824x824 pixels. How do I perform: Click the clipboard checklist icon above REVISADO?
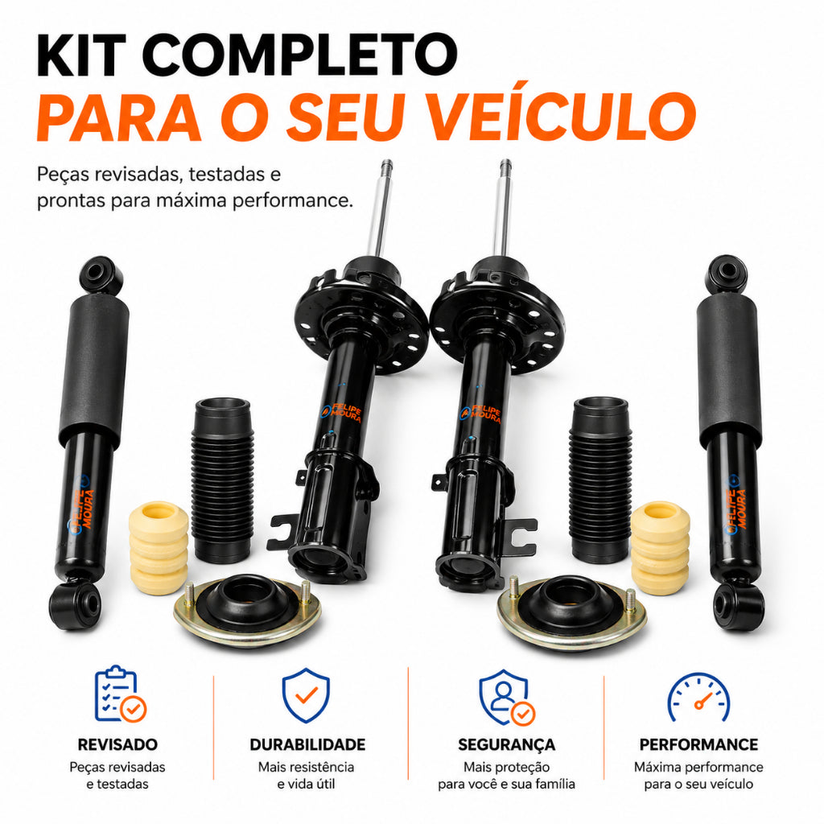[121, 694]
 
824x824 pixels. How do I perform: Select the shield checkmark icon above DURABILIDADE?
[306, 694]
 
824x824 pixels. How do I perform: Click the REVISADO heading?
[117, 744]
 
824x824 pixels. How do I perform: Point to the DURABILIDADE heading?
[307, 744]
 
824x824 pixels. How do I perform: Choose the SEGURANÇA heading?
[507, 745]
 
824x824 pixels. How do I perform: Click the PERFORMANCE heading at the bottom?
[698, 744]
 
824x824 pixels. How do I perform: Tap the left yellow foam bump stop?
[159, 547]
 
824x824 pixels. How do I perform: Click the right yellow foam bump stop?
[660, 547]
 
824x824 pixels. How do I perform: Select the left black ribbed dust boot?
[222, 480]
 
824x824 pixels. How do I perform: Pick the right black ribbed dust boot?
[600, 480]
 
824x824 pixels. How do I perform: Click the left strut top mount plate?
[246, 610]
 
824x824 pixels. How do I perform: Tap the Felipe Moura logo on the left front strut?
[341, 413]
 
